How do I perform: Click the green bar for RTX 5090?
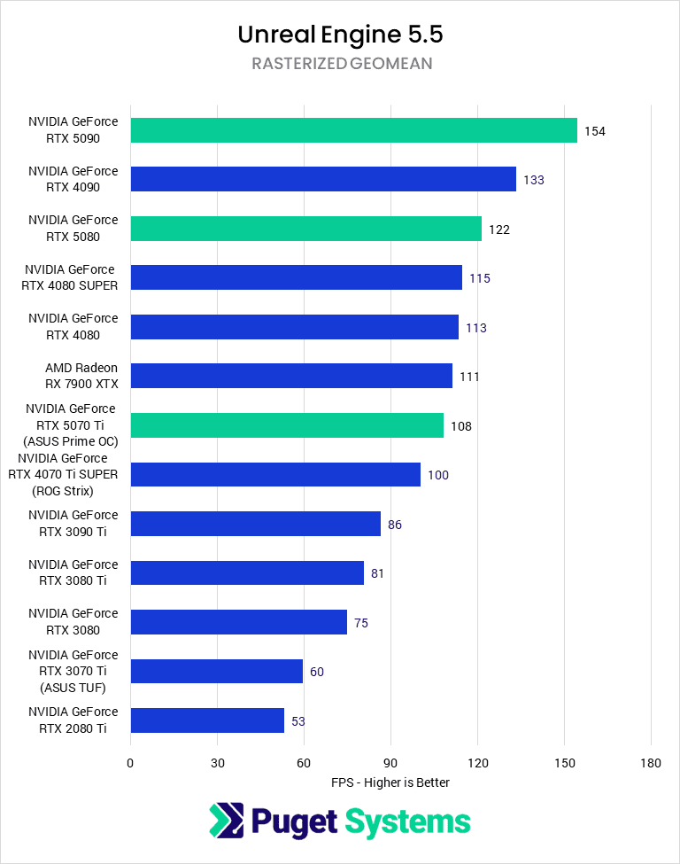tap(353, 130)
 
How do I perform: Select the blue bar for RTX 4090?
tap(323, 179)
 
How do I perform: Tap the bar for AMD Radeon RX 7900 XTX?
tap(291, 376)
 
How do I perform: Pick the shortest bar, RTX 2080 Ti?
tap(207, 720)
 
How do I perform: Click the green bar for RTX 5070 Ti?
tap(287, 425)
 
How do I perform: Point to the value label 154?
tap(594, 131)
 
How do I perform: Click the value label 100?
tap(437, 475)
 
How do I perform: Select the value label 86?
tap(394, 525)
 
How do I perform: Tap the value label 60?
tap(316, 672)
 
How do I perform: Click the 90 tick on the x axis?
tap(390, 763)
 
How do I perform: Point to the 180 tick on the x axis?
tap(651, 763)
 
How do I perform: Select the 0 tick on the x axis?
tap(130, 763)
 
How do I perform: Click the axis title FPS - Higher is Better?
tap(390, 782)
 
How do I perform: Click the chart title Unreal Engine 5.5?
tap(340, 35)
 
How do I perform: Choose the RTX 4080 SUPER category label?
tap(71, 277)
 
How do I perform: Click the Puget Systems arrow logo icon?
tap(226, 821)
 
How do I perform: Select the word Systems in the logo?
tap(407, 821)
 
